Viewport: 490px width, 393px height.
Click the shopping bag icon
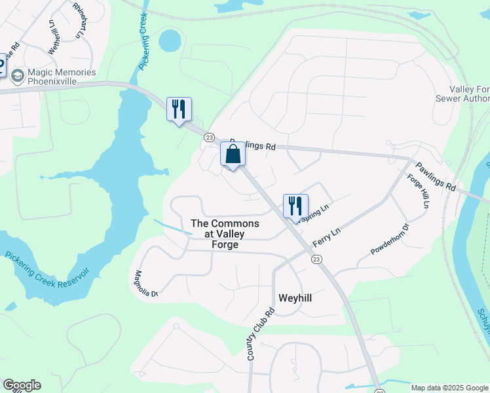(x=233, y=155)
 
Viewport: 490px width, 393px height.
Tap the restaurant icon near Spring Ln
(x=295, y=206)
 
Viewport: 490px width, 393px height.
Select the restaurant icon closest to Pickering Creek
(x=179, y=109)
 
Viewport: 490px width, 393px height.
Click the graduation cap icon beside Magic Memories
(x=17, y=77)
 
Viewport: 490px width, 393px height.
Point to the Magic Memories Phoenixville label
(x=62, y=77)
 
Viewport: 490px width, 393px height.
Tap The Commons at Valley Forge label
(x=224, y=234)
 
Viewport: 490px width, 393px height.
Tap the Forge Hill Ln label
(x=417, y=191)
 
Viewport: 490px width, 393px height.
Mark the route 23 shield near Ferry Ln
(x=316, y=260)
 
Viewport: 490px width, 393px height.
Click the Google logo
(x=22, y=385)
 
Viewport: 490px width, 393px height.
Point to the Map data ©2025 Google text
(x=449, y=388)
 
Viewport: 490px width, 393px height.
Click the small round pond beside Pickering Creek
(x=169, y=41)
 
